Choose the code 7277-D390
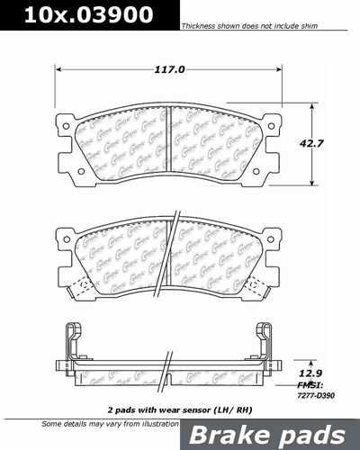click(310, 394)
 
